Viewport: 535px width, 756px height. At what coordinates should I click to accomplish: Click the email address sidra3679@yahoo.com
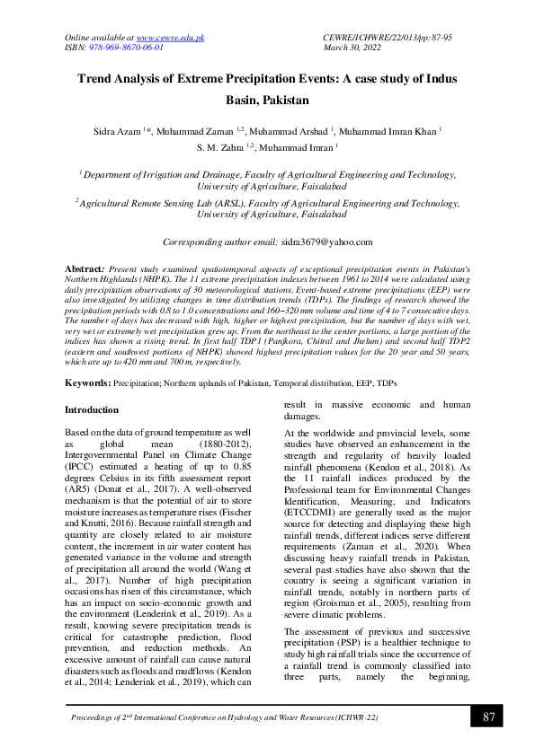pyautogui.click(x=325, y=242)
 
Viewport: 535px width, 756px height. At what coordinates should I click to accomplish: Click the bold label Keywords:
pyautogui.click(x=87, y=383)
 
